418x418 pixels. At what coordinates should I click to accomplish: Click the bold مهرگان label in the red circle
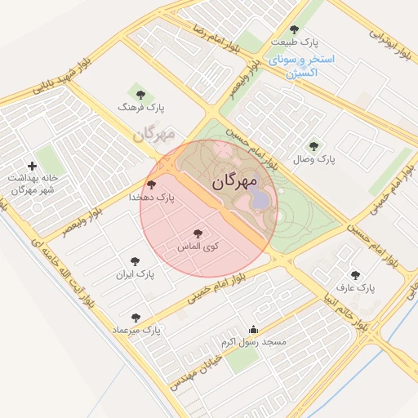coord(235,181)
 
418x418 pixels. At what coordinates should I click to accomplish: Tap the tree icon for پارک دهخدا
coord(151,185)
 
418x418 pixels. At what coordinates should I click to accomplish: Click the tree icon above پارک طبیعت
coord(294,29)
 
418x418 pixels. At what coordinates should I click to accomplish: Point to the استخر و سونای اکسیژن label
coord(301,66)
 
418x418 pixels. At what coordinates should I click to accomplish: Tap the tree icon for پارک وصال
coord(314,145)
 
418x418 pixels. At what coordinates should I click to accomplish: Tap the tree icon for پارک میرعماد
coord(136,318)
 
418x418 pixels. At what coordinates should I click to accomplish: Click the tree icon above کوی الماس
coord(197,233)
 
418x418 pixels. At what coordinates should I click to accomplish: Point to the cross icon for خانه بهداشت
coord(32,166)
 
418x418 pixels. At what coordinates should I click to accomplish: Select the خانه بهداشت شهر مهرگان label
coord(29,183)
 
